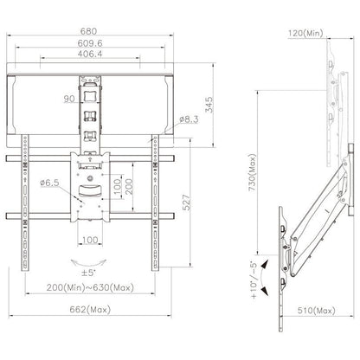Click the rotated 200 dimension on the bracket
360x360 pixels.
pos(129,187)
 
